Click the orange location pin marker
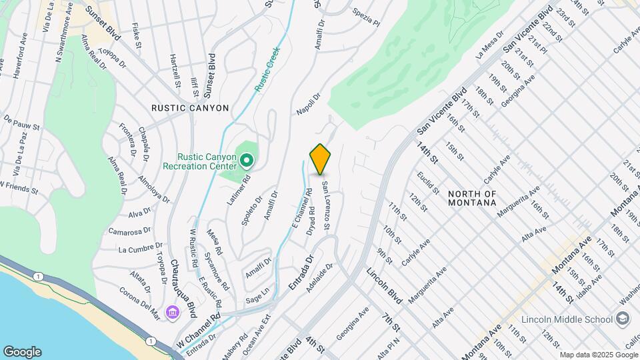(321, 159)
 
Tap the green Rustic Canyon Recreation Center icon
(246, 160)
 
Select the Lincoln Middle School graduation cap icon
(623, 319)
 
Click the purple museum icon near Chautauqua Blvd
(173, 312)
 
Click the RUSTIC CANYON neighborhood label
(190, 108)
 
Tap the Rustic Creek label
(267, 69)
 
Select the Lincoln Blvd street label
(383, 286)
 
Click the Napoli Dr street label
(308, 103)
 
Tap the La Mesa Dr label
(488, 48)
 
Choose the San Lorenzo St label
(326, 206)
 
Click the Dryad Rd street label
(311, 221)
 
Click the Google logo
(22, 351)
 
